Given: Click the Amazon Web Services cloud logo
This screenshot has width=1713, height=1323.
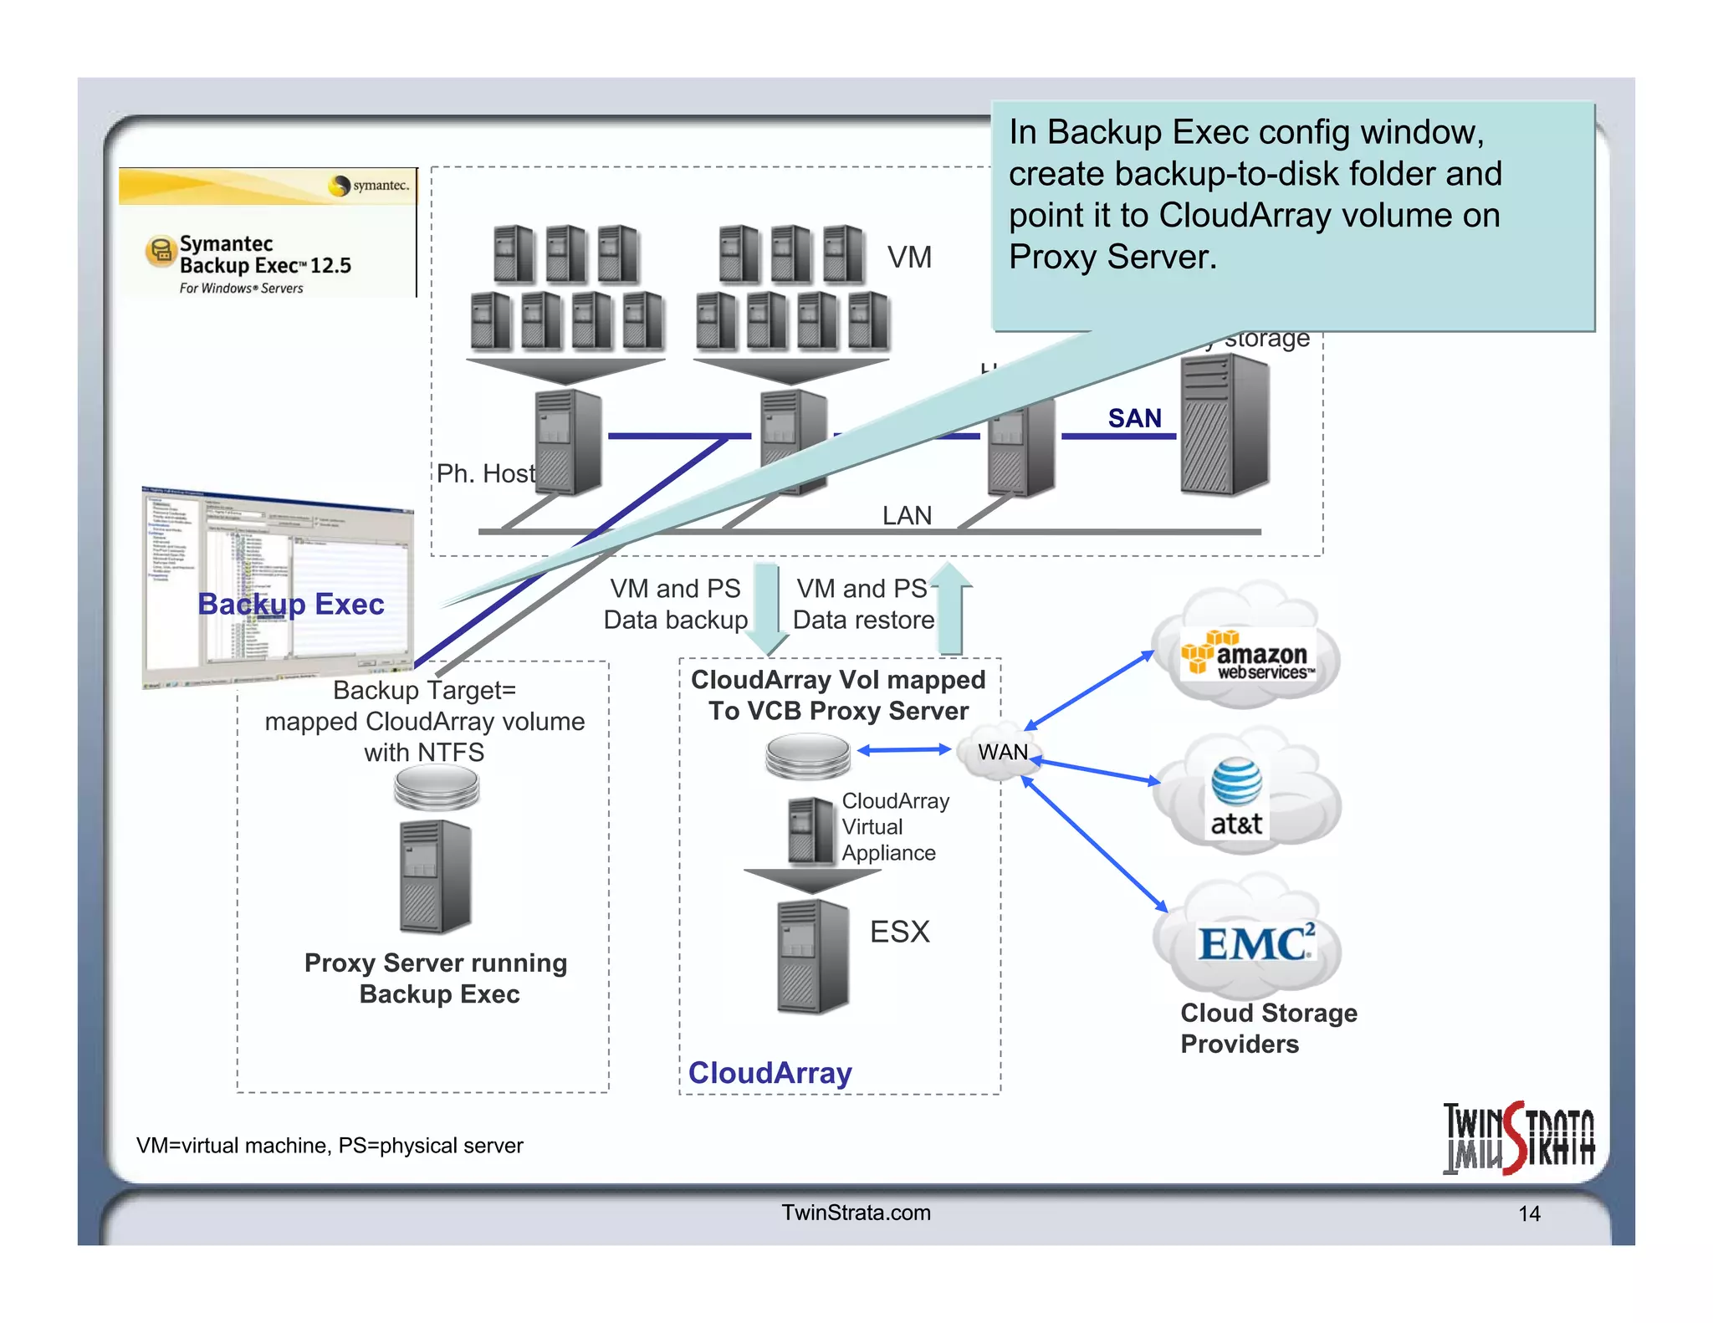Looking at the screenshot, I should tap(1246, 656).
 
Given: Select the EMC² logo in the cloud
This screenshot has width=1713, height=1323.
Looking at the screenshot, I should tap(1255, 943).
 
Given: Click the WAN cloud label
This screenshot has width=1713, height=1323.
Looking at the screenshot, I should tap(1002, 752).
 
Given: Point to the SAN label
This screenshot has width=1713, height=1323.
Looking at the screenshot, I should tap(1134, 418).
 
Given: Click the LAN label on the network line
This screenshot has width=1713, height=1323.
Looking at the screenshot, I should tap(907, 515).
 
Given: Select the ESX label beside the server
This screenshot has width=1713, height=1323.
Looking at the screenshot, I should tap(899, 932).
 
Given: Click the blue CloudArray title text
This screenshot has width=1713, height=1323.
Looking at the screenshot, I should tap(770, 1072).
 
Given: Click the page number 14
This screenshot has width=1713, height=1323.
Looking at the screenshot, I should tap(1529, 1213).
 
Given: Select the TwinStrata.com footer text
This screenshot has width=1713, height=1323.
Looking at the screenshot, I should tap(856, 1213).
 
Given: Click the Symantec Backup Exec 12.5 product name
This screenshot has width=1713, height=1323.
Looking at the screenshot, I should tap(264, 255).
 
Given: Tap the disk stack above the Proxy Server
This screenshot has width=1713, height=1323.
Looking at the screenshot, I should tap(437, 788).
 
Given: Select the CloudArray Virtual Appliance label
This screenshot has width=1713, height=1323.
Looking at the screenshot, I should tap(894, 826).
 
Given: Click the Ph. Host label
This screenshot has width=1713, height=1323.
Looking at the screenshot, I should tap(485, 473).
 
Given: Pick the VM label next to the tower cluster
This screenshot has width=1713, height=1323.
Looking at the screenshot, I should tap(909, 257).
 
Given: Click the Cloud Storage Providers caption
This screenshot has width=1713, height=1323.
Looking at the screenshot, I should tap(1268, 1028).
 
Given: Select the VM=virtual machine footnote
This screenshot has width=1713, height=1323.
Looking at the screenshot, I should tap(330, 1145).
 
